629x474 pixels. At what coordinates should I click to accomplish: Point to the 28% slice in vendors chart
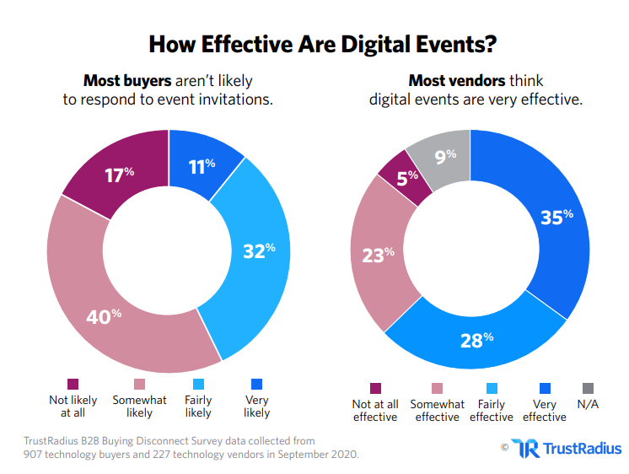476,339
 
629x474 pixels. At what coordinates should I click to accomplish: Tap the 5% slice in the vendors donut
404,177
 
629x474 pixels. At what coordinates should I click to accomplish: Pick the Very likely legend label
256,407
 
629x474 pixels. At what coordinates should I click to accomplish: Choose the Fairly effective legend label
491,411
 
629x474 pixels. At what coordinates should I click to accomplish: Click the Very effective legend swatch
544,389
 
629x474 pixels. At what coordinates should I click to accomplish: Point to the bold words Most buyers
126,81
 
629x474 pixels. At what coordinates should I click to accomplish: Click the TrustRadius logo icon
525,448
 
